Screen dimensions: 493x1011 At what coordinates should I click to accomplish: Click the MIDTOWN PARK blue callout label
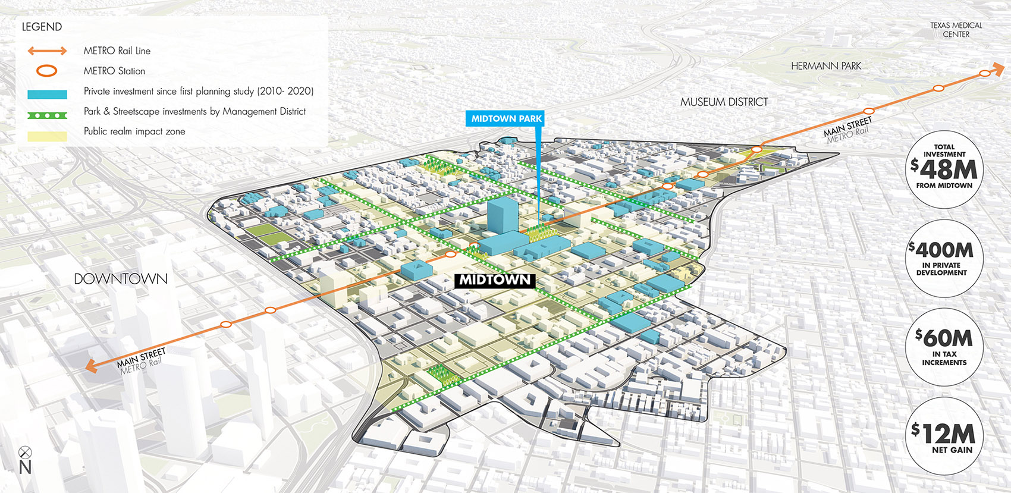(506, 118)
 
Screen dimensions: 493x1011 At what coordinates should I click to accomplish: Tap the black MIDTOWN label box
(494, 280)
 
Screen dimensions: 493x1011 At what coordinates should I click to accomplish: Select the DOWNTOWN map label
(121, 278)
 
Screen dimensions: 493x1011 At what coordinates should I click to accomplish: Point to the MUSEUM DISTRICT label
(724, 102)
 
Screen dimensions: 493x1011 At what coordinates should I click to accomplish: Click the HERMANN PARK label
(825, 66)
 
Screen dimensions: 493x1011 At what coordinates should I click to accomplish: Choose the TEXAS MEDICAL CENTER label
(956, 30)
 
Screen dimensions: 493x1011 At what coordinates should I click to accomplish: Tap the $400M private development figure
(944, 250)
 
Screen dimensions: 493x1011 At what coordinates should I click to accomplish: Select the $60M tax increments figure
(944, 338)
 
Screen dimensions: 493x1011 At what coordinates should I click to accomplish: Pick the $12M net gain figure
(944, 433)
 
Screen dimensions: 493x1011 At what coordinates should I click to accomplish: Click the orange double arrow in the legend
(47, 51)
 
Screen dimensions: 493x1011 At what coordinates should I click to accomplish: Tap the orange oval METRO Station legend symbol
(47, 71)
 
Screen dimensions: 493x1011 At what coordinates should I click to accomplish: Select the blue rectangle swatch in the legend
(47, 94)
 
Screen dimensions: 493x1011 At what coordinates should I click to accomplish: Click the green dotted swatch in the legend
(47, 115)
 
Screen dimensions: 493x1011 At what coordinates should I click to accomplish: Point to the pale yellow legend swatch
(47, 136)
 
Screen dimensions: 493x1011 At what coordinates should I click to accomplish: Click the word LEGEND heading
(42, 27)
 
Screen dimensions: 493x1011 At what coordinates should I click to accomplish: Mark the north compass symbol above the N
(25, 453)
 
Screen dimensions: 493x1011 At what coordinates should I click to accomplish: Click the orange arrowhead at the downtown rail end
(91, 366)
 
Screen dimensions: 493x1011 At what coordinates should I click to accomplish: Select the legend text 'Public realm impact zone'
(134, 131)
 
